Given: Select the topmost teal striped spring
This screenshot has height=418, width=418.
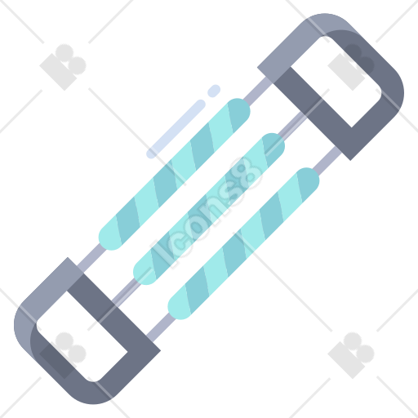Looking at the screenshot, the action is pos(174,174).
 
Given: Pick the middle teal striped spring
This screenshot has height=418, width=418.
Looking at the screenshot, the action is pos(209,209).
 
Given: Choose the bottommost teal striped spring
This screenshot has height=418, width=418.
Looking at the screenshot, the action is pos(243,243).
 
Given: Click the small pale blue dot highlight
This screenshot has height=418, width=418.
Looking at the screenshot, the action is pos(214,91).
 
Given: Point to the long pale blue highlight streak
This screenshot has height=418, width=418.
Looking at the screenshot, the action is pos(176,129).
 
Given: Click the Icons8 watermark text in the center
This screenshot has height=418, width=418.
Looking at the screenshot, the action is pos(207,211).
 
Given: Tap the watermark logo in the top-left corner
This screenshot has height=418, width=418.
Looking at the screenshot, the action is pos(63,67).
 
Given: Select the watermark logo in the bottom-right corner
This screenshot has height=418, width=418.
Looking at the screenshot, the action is pos(351,355).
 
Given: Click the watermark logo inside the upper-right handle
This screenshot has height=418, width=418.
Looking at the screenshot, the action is pos(351,67).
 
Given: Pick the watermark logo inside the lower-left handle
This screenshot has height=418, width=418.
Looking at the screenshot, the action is pos(63,355).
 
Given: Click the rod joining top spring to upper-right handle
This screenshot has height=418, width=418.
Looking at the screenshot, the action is pos(258,91).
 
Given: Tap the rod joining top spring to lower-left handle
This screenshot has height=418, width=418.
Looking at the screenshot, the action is pos(91,257).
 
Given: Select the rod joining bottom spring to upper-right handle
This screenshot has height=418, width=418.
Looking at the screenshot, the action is pos(327,161).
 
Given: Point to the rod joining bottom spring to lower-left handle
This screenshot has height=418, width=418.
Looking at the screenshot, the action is pos(161,327).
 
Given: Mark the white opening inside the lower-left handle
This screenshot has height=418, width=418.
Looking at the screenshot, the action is pos(82,336).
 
